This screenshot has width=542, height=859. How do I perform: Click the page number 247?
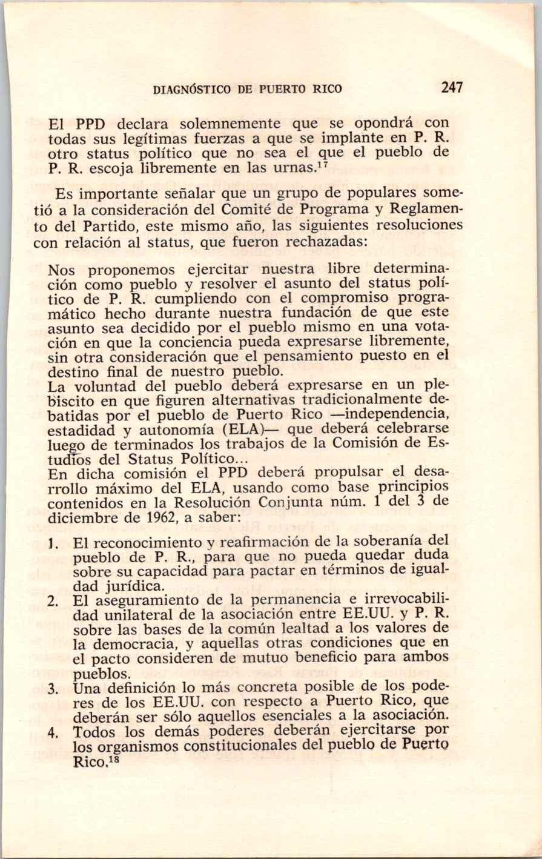point(452,87)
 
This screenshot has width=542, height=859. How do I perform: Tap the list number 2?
point(53,601)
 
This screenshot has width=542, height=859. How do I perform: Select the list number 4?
point(53,732)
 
